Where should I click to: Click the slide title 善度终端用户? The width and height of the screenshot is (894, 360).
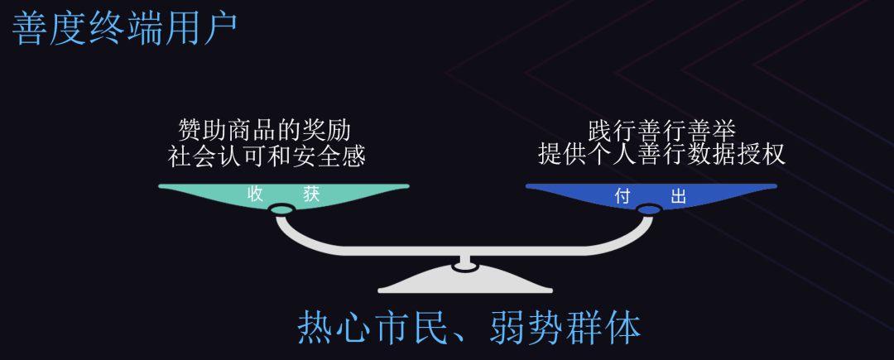coord(124,29)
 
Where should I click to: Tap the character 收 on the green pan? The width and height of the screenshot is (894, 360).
coord(255,195)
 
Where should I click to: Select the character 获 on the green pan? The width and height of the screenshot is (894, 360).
coord(311,195)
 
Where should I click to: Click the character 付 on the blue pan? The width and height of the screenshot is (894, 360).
coord(622,197)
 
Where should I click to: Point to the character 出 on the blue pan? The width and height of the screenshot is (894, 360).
coord(679,197)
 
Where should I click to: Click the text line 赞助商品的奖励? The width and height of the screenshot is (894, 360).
coord(265,131)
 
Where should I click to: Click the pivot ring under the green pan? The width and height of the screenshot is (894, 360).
coord(281,214)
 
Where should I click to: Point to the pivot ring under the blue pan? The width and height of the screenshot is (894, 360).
coord(648,210)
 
